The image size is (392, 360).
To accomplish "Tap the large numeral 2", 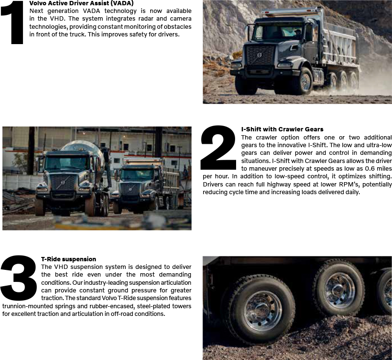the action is coord(218,147).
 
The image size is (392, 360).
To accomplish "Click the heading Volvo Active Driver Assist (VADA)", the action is coord(82,3).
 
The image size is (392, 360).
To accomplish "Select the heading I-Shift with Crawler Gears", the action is coord(282,129).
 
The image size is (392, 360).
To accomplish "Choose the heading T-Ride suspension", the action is coord(69,259).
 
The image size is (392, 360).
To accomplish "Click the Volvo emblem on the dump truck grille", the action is coord(259,55).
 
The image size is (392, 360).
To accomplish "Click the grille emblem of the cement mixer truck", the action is coord(63,183).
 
